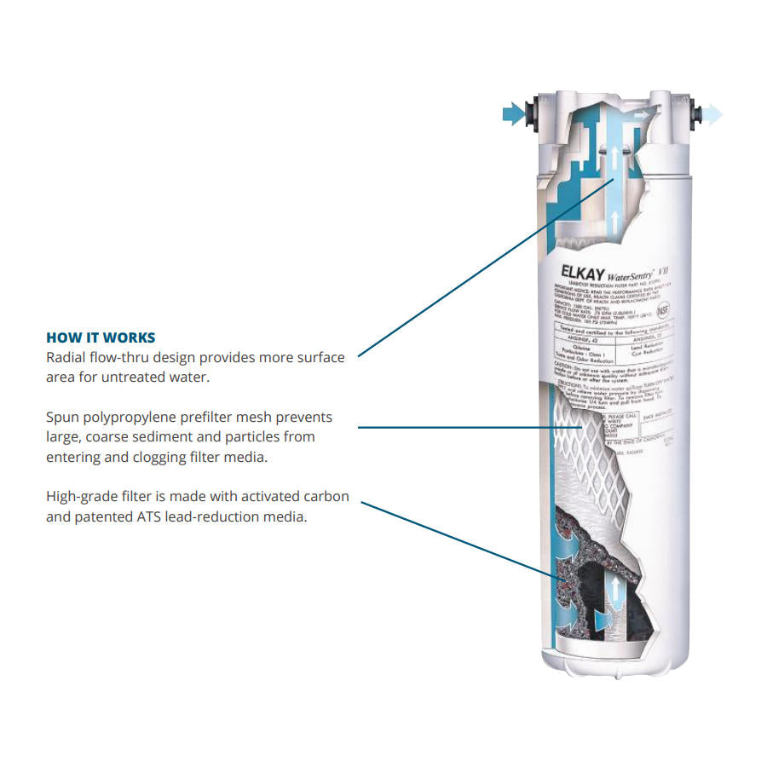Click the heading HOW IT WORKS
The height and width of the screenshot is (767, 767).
(101, 337)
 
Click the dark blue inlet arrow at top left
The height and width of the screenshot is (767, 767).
(513, 113)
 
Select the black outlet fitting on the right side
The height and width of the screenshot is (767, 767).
(690, 113)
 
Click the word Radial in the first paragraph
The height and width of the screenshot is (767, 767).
(66, 357)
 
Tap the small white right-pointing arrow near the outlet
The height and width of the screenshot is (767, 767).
(651, 112)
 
